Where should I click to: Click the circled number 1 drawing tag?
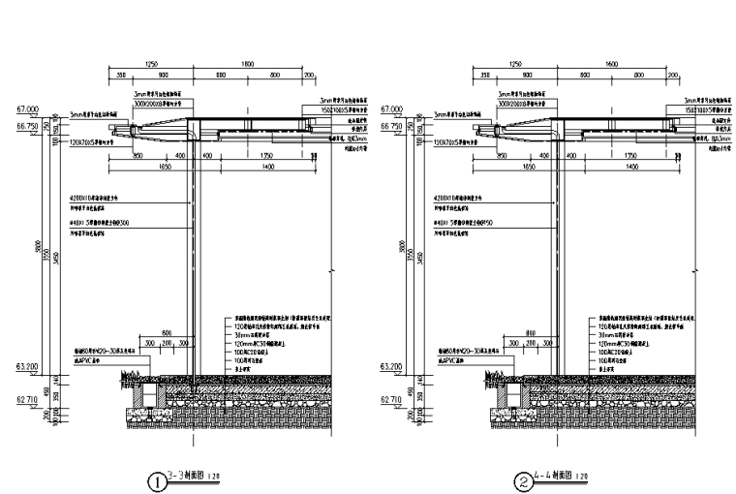[154, 479]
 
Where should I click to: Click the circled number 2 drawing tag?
[523, 479]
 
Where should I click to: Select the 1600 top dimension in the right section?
[611, 63]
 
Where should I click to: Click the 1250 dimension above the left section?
[150, 63]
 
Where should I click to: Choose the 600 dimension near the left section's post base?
[166, 332]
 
